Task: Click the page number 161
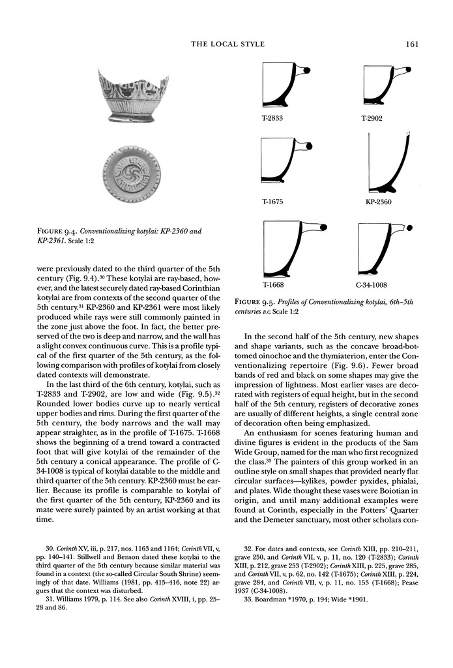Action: [410, 44]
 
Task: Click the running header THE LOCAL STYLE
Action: [227, 44]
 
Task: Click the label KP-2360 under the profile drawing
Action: [379, 202]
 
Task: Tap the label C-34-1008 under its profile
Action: [372, 284]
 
